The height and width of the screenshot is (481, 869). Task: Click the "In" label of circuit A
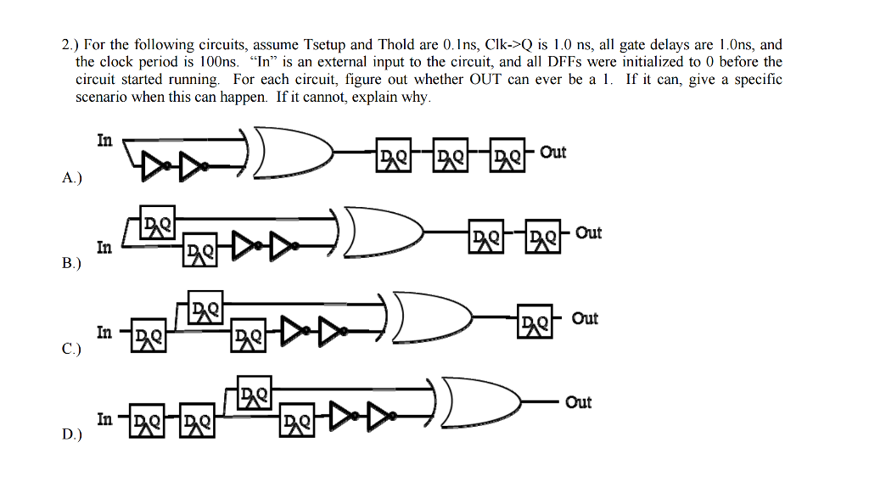[104, 141]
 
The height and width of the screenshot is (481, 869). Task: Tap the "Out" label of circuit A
[552, 152]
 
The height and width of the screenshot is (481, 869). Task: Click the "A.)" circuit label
[72, 179]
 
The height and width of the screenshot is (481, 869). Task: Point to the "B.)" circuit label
[72, 264]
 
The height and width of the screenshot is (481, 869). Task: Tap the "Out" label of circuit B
[588, 232]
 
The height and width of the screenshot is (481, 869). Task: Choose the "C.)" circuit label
[72, 349]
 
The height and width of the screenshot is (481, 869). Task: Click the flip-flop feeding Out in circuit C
[535, 324]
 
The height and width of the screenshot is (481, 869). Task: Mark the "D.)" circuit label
[72, 434]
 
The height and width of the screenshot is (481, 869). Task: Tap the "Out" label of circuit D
[578, 402]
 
